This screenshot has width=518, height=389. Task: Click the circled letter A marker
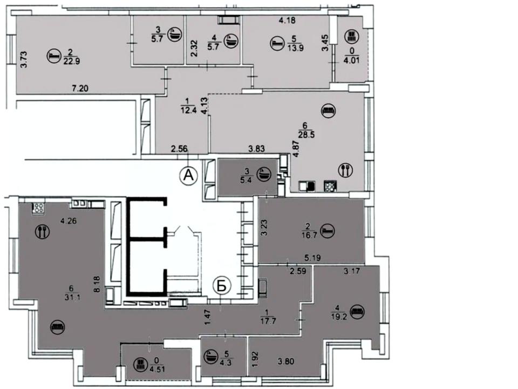(188, 175)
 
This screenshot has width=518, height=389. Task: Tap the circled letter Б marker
(222, 286)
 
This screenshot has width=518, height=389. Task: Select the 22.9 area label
(72, 61)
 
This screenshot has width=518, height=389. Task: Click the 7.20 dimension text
(80, 88)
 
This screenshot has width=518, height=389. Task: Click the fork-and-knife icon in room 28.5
(345, 170)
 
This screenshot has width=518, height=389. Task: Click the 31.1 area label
(72, 297)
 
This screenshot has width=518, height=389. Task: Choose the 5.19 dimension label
(312, 257)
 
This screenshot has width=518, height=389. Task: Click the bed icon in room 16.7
(328, 231)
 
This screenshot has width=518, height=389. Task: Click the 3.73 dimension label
(24, 59)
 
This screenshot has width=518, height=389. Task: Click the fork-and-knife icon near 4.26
(42, 231)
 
